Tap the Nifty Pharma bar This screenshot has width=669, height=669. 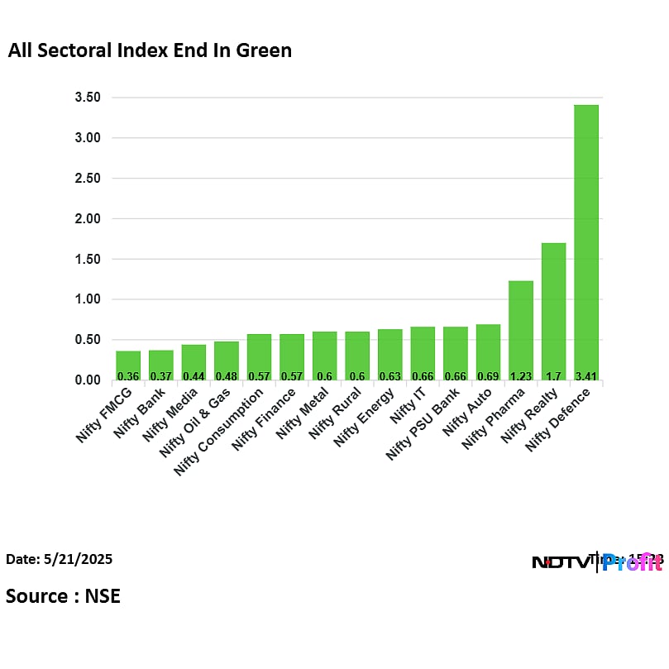pyautogui.click(x=520, y=330)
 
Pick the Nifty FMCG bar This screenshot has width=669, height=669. pyautogui.click(x=128, y=365)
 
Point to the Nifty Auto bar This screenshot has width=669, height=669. pyautogui.click(x=488, y=351)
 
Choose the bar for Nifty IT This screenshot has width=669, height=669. pyautogui.click(x=423, y=353)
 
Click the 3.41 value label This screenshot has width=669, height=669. pyautogui.click(x=585, y=376)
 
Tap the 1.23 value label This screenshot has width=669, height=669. pyautogui.click(x=520, y=376)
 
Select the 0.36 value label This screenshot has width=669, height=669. pyautogui.click(x=128, y=376)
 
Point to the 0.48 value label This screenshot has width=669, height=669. pyautogui.click(x=226, y=376)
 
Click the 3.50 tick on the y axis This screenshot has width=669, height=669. pyautogui.click(x=87, y=98)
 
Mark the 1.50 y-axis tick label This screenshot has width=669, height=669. pyautogui.click(x=87, y=259)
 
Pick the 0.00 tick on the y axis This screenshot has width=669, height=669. pyautogui.click(x=87, y=380)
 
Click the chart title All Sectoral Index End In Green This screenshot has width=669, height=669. pyautogui.click(x=150, y=50)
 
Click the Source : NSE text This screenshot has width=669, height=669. pyautogui.click(x=63, y=595)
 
